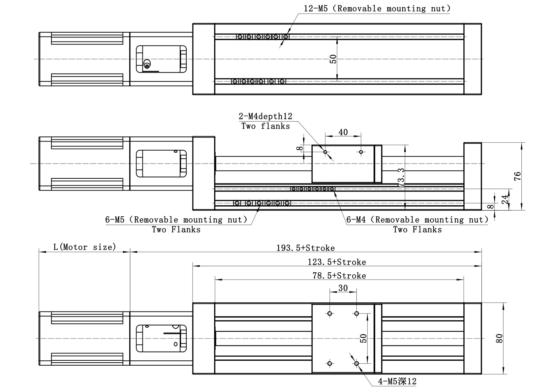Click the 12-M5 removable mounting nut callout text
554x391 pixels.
(x=377, y=9)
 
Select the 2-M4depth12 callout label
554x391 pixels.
(x=265, y=116)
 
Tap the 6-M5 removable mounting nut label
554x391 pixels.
(x=176, y=220)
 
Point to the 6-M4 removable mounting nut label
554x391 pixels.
(x=417, y=220)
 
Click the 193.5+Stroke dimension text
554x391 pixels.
(x=305, y=248)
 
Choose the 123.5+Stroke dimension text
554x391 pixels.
(x=337, y=262)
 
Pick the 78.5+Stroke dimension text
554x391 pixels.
(x=339, y=276)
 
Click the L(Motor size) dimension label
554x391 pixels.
(x=84, y=247)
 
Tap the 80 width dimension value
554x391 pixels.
(x=499, y=338)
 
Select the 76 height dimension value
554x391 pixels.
(x=517, y=176)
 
